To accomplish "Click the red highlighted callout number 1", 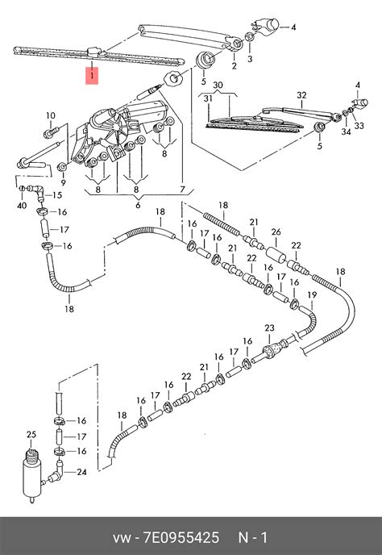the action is point(92,75).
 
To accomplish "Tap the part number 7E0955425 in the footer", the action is point(181,537).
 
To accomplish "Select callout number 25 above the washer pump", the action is point(31,434).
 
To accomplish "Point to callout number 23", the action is point(269,328).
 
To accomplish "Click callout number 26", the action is point(276,232).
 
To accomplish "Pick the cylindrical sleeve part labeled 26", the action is point(276,255).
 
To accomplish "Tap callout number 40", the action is point(22,205).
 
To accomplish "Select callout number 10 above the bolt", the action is point(51,115).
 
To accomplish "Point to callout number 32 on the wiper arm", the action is point(301,95).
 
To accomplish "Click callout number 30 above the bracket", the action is point(218,85).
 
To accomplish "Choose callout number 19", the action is point(312,294).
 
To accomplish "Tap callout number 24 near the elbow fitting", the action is point(81,472).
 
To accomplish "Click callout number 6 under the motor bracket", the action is point(138,205).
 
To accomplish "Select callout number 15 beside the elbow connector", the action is point(57,195).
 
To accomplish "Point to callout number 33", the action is point(359,126).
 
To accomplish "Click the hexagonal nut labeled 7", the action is point(173,78).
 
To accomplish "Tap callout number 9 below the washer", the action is point(64,182).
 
